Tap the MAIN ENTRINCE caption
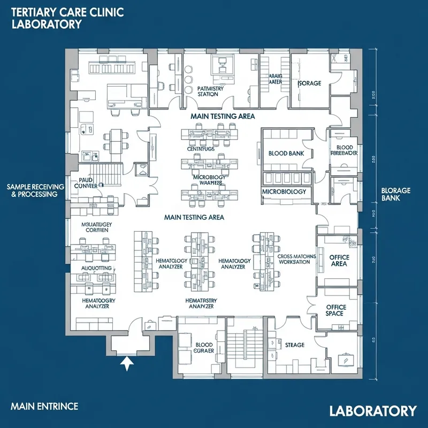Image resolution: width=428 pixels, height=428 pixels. click(x=44, y=406)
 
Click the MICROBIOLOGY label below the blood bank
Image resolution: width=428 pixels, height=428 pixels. click(x=284, y=192)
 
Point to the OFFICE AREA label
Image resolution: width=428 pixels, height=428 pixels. click(x=339, y=261)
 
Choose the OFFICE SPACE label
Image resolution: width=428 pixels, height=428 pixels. click(x=336, y=310)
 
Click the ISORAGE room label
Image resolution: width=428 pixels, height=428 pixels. click(x=309, y=83)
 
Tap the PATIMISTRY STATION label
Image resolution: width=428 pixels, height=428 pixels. click(x=207, y=91)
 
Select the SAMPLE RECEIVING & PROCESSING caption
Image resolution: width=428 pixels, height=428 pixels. click(x=35, y=190)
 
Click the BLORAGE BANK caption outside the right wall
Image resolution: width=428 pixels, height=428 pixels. click(x=395, y=194)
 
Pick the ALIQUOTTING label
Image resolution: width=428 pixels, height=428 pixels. click(x=96, y=267)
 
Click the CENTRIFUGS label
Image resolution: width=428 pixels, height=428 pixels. click(x=201, y=149)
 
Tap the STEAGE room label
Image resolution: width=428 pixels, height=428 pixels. click(x=295, y=345)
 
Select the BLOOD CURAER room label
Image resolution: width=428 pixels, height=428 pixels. click(x=204, y=349)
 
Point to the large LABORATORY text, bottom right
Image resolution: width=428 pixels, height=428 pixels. click(x=372, y=411)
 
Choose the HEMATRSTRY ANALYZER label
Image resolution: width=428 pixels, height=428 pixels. click(x=202, y=303)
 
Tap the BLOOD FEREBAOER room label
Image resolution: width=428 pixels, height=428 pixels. click(x=345, y=150)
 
